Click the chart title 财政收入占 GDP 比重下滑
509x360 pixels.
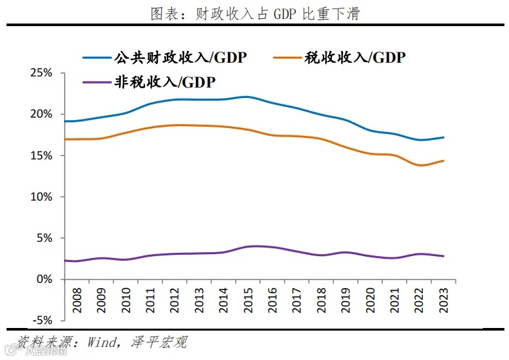point(255,14)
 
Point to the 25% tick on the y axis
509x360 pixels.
point(41,73)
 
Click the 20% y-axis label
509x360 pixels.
point(41,114)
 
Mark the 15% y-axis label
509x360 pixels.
point(41,155)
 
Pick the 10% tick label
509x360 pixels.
point(41,197)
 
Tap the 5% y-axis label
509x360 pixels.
point(44,238)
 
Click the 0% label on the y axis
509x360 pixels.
point(44,279)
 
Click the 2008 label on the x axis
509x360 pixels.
point(76,299)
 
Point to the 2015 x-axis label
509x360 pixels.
point(247,299)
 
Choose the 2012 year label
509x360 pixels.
point(174,299)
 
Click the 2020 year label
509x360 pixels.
point(369,299)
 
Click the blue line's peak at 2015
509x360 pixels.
point(246,97)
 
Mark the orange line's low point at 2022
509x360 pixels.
point(419,165)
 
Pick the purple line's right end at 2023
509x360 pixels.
point(444,256)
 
